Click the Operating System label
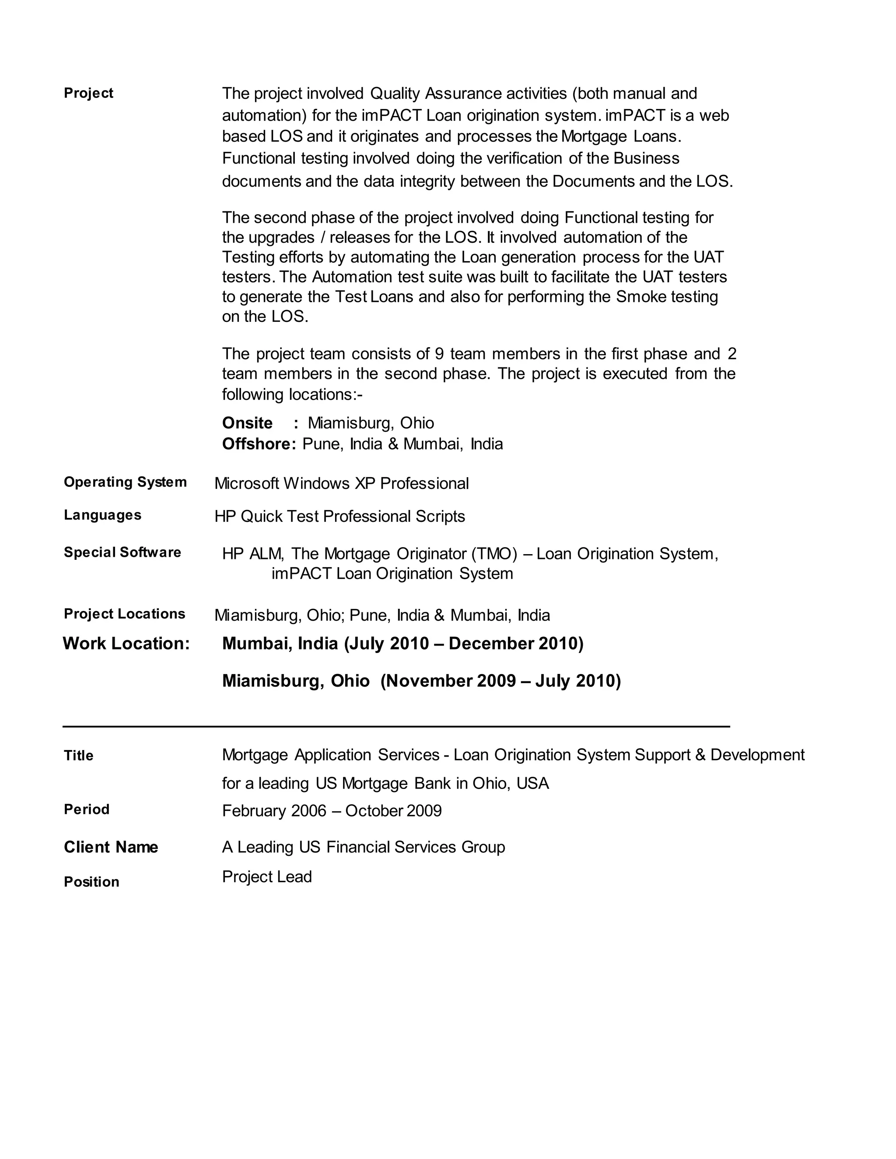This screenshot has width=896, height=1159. [x=125, y=482]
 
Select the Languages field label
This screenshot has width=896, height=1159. [x=102, y=515]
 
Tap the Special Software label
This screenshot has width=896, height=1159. [x=122, y=552]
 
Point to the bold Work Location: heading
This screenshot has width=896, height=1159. [x=126, y=643]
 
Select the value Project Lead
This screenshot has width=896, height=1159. [x=266, y=876]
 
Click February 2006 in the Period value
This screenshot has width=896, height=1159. [x=274, y=810]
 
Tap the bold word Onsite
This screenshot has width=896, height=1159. [x=247, y=423]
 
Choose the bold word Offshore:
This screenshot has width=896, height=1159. [x=259, y=443]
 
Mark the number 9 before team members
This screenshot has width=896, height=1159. [x=439, y=353]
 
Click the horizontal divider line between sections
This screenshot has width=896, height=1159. [x=396, y=726]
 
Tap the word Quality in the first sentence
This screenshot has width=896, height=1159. [x=395, y=94]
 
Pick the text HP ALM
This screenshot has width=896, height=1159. [x=253, y=554]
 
